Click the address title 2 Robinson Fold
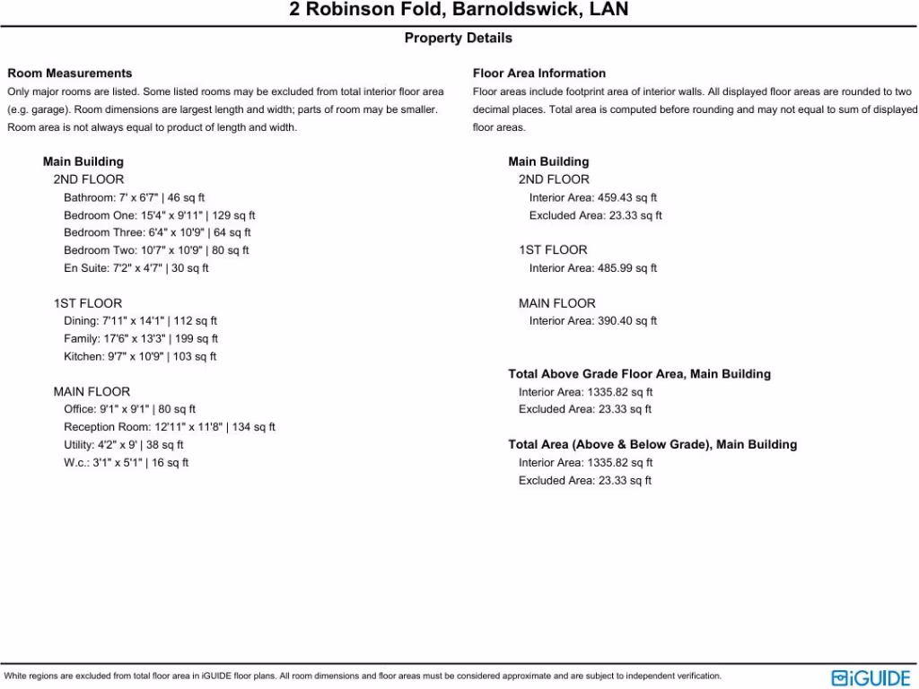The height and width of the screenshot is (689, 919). point(459,11)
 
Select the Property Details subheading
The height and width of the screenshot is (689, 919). point(459,38)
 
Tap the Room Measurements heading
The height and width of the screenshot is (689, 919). point(70,74)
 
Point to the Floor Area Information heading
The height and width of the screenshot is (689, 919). point(539,74)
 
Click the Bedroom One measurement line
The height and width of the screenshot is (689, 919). point(159,215)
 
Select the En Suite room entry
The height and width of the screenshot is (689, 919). point(136,268)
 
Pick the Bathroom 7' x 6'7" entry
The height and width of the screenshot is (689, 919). point(135,197)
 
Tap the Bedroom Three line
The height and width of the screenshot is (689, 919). point(157,233)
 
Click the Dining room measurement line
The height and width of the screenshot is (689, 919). point(140,321)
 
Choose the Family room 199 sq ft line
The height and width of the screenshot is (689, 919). point(141,339)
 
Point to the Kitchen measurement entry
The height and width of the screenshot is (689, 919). point(140,357)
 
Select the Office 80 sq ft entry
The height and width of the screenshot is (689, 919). point(129,410)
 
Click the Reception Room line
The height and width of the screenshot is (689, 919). point(170,427)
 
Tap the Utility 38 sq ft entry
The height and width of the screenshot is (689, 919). point(124,445)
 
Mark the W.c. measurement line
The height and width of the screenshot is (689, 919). point(126,463)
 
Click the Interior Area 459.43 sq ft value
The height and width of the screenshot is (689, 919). point(593,197)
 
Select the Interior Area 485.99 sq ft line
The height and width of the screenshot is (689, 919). point(593,268)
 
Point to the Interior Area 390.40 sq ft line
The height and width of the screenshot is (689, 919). point(593,321)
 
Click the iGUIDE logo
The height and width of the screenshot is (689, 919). point(870,677)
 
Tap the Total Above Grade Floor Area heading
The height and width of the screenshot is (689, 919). point(639,374)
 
